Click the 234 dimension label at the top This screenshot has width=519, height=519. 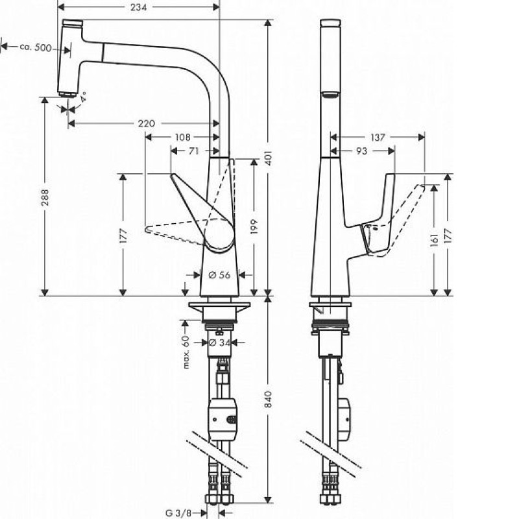pyautogui.click(x=138, y=7)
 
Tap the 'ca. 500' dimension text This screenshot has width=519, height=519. pyautogui.click(x=36, y=47)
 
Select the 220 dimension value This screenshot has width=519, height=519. pyautogui.click(x=147, y=123)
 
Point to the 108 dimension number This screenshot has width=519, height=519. pyautogui.click(x=182, y=137)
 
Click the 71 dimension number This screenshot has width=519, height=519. pyautogui.click(x=193, y=151)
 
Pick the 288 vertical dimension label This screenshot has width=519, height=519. pyautogui.click(x=45, y=197)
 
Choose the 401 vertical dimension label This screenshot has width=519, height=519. pyautogui.click(x=268, y=158)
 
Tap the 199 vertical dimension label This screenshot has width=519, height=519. pyautogui.click(x=254, y=226)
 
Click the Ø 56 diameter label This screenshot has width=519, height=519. pyautogui.click(x=219, y=274)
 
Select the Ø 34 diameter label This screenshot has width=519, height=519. pyautogui.click(x=219, y=343)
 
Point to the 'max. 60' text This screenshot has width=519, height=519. pyautogui.click(x=186, y=352)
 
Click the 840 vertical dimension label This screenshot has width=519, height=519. pyautogui.click(x=268, y=399)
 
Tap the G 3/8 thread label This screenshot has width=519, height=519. pyautogui.click(x=178, y=513)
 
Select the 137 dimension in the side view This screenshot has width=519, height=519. pyautogui.click(x=378, y=137)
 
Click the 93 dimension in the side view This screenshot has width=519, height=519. pyautogui.click(x=361, y=151)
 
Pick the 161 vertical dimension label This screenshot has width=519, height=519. pyautogui.click(x=434, y=240)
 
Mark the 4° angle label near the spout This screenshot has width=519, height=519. pyautogui.click(x=83, y=96)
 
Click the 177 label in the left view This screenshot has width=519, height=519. pyautogui.click(x=123, y=235)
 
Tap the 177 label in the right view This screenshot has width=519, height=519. pyautogui.click(x=448, y=236)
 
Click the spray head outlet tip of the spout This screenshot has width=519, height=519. pyautogui.click(x=68, y=95)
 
